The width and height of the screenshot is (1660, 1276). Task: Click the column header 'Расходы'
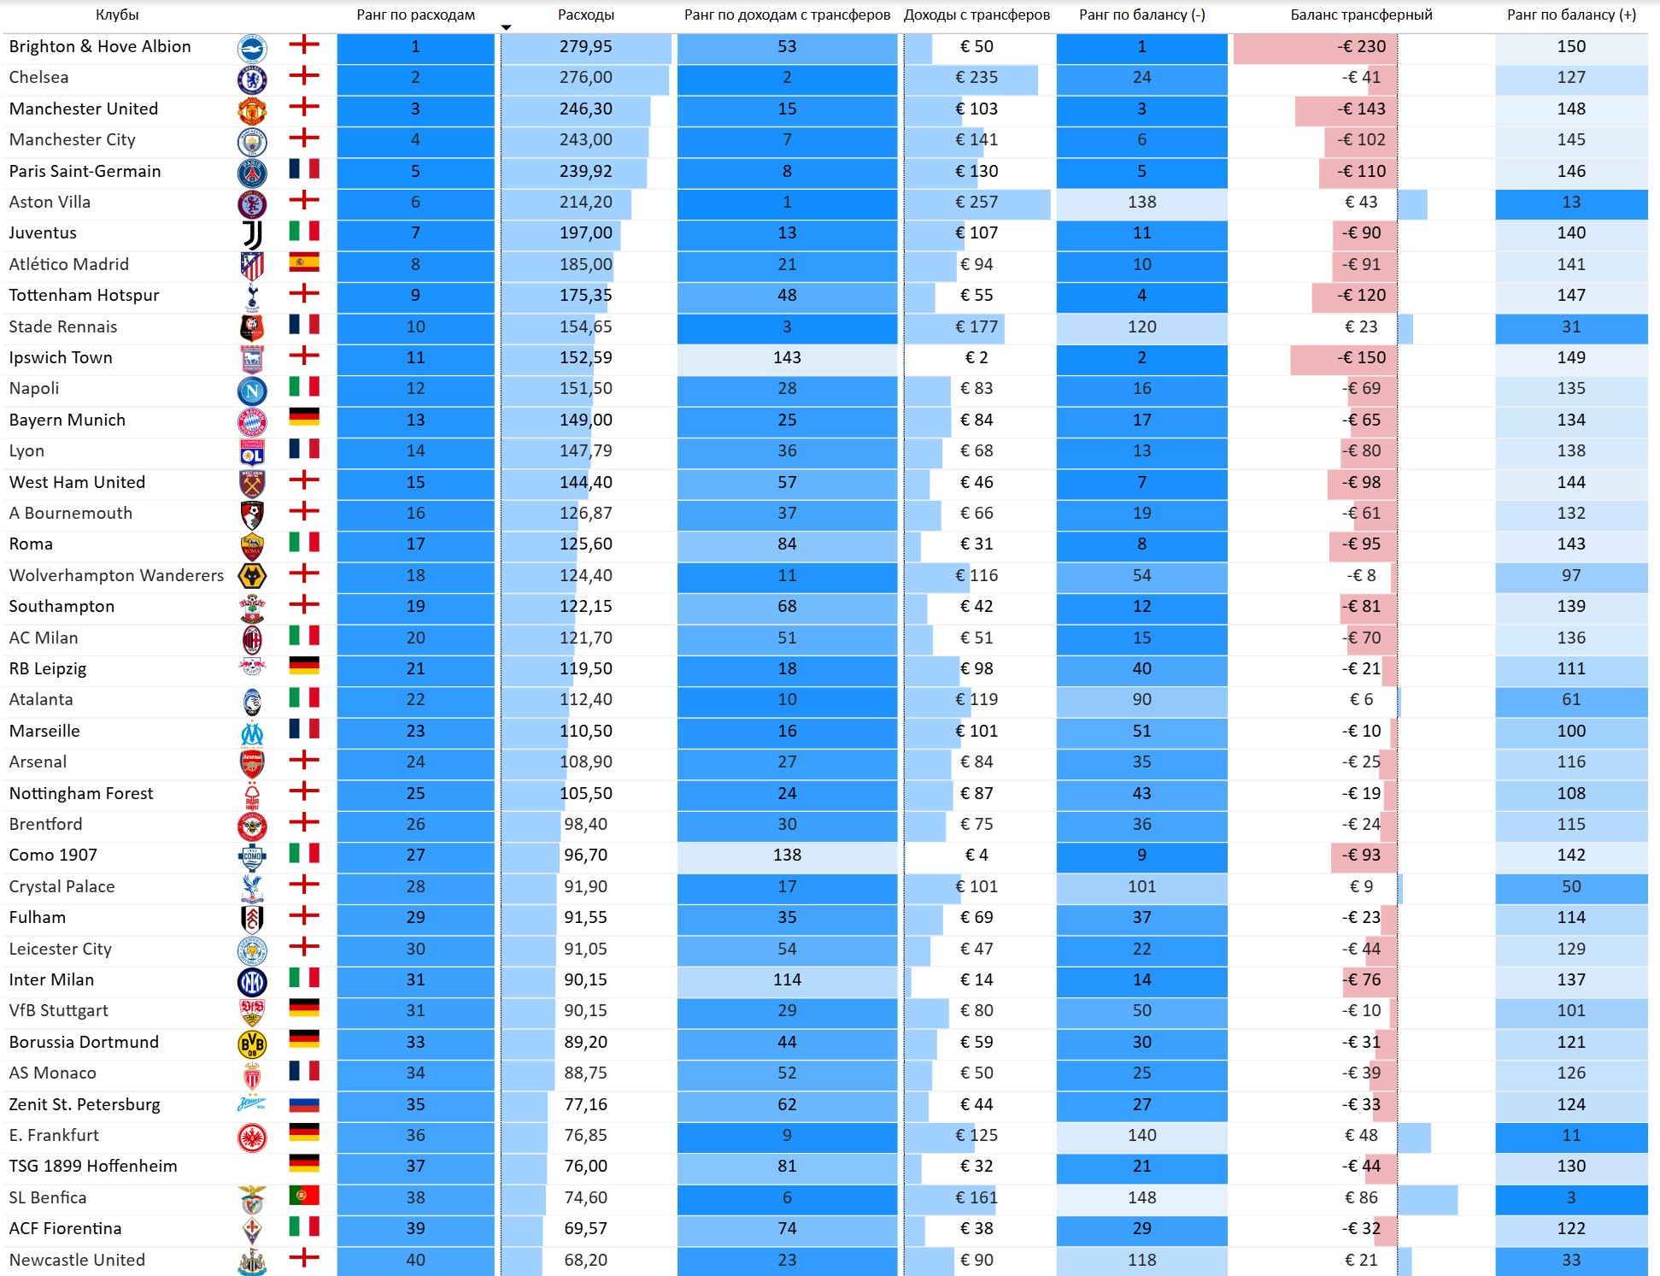585,15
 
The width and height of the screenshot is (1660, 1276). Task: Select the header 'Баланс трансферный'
1361,15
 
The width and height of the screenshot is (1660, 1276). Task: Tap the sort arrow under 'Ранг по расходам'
506,27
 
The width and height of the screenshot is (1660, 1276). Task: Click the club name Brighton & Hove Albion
100,46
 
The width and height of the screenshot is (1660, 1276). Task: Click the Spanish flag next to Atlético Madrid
304,262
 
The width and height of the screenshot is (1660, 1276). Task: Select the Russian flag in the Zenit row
304,1104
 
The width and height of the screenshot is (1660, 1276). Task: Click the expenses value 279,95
586,46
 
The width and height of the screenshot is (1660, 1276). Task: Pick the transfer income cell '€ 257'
977,202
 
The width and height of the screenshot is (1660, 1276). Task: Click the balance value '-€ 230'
1362,46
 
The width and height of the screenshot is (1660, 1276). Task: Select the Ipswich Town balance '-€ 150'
1362,357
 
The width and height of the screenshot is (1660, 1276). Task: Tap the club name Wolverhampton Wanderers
116,575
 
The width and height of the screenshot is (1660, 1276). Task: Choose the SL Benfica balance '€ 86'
1362,1197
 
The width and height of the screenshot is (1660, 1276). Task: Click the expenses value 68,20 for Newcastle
586,1260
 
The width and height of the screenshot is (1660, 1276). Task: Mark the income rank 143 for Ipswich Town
787,357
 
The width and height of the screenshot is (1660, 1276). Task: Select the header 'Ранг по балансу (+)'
1571,15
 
